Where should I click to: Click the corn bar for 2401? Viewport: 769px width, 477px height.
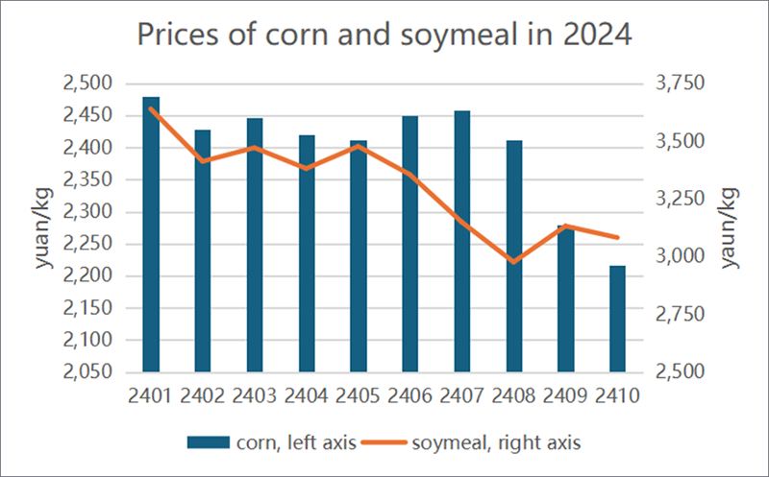point(151,234)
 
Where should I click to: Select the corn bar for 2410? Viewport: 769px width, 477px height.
point(617,319)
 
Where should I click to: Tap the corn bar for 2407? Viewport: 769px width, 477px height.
point(462,241)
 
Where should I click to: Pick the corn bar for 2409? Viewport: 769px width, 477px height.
point(565,298)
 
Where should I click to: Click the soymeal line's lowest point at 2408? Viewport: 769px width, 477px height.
point(514,261)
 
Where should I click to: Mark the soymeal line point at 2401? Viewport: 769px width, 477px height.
point(151,108)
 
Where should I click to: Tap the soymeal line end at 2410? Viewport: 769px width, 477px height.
point(617,237)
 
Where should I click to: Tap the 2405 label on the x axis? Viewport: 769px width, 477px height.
point(359,395)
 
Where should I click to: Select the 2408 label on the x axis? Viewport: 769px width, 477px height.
point(514,395)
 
